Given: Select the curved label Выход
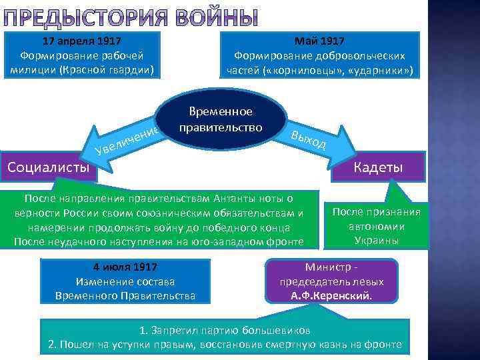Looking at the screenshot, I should tap(308, 137).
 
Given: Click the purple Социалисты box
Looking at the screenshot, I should tap(48, 167).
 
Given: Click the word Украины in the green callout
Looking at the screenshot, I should tap(377, 240).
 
